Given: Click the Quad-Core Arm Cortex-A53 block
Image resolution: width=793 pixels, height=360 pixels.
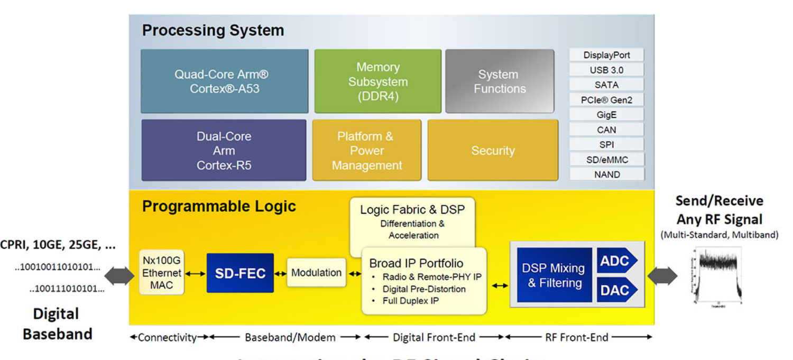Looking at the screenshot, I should [224, 81].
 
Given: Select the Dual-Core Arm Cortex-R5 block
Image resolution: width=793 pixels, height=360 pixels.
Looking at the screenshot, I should [224, 150].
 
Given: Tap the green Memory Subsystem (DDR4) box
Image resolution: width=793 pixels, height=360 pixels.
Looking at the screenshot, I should [377, 81].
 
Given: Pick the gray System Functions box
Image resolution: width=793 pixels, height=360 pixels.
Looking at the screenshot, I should [500, 81].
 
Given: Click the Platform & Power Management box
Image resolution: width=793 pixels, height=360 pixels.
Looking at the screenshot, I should [366, 150].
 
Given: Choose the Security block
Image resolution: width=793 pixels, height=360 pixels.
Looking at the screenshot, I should [493, 150].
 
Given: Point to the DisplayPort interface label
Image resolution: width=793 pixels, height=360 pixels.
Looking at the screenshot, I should [606, 55].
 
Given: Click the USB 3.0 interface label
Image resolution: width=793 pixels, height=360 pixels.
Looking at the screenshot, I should [606, 70].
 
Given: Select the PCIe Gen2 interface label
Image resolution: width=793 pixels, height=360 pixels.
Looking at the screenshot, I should [606, 99].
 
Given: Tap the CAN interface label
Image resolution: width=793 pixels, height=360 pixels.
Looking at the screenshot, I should [606, 130].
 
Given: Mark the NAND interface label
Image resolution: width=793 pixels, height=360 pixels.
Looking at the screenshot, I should [606, 174].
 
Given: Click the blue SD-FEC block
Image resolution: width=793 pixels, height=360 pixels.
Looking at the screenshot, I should [240, 273].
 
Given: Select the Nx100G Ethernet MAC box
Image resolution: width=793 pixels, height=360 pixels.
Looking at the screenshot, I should [162, 273].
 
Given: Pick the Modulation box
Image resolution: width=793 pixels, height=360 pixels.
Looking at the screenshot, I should [316, 273].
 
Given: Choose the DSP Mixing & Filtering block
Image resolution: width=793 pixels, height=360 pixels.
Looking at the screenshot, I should [554, 275].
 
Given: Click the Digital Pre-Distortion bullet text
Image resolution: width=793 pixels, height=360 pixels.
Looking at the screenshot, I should [425, 289].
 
